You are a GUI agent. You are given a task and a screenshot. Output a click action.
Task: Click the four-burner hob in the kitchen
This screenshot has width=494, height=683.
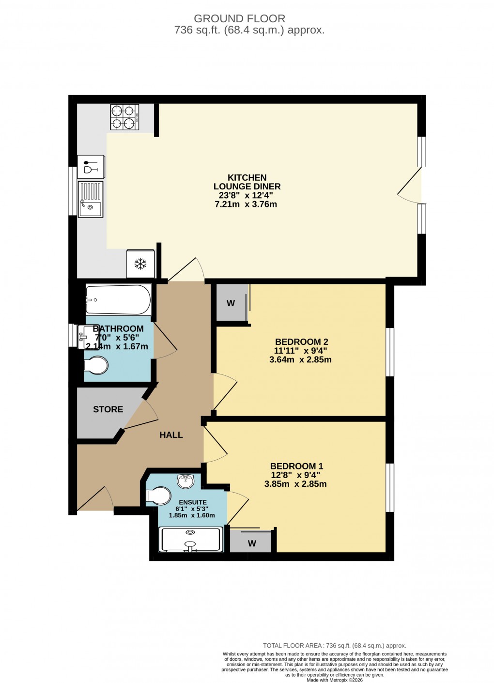[124, 117]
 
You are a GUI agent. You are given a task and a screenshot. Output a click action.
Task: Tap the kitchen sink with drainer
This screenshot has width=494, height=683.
[91, 199]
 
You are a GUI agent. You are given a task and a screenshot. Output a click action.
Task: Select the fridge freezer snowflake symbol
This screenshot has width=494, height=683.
[140, 264]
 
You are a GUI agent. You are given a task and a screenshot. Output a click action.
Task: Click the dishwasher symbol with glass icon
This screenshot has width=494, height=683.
[91, 166]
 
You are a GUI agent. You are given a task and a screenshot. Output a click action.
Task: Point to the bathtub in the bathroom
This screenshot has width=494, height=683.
[118, 299]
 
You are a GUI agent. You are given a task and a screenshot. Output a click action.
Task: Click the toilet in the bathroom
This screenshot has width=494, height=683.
[96, 366]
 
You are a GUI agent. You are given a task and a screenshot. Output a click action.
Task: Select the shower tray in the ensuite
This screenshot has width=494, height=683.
[191, 540]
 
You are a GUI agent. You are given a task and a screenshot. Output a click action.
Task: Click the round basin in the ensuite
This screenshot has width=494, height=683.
[186, 481]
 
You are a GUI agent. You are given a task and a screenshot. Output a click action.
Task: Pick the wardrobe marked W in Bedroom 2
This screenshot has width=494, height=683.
[231, 303]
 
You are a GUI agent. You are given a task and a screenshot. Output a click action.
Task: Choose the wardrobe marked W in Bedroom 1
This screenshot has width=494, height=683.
[251, 543]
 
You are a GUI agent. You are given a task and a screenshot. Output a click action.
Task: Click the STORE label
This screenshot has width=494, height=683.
[108, 409]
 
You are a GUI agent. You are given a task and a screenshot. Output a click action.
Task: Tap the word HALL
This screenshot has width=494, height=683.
[171, 435]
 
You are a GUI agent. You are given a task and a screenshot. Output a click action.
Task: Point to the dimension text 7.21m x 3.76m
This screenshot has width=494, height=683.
[246, 204]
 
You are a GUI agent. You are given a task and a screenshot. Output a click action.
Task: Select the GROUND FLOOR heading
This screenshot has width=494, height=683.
[239, 19]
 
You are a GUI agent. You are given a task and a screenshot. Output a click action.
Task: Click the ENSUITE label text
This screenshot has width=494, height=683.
[192, 502]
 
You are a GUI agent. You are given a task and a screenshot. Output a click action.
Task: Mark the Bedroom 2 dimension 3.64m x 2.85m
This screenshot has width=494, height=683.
[300, 360]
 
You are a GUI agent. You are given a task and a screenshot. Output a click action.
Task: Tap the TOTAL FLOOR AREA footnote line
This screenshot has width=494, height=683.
[334, 645]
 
